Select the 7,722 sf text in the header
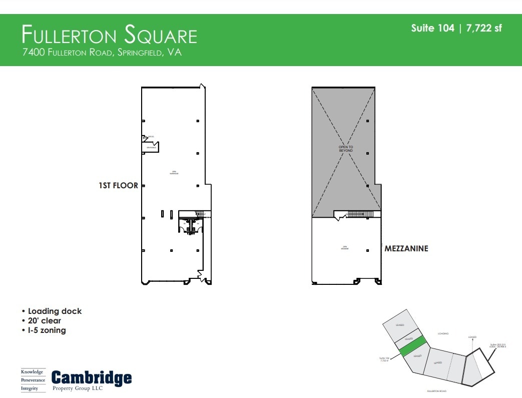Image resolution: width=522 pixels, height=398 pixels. tap(483, 28)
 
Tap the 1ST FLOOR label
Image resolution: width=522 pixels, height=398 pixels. tap(118, 185)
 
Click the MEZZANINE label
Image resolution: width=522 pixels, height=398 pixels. tap(406, 248)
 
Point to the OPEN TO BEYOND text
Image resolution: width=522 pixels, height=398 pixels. tap(345, 149)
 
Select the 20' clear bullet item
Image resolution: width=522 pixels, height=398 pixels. tap(45, 321)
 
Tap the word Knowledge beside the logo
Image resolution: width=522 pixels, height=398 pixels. tap(33, 372)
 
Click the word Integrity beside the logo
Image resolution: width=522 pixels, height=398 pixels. tap(30, 388)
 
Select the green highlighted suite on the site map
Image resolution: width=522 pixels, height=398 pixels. tap(413, 346)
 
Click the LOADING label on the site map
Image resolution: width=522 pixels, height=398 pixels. tap(443, 333)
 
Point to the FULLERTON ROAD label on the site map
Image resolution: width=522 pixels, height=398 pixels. tap(436, 391)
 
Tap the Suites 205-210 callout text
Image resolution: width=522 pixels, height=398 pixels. tap(498, 346)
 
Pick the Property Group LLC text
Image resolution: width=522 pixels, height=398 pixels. tap(78, 388)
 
